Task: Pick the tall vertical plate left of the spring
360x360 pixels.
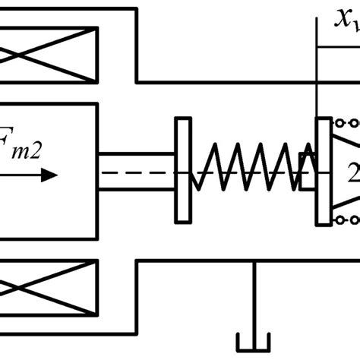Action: coord(182,171)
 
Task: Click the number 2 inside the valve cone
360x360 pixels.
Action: coord(352,172)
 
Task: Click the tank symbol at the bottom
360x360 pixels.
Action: coord(255,339)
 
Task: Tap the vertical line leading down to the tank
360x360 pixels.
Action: coord(255,296)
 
